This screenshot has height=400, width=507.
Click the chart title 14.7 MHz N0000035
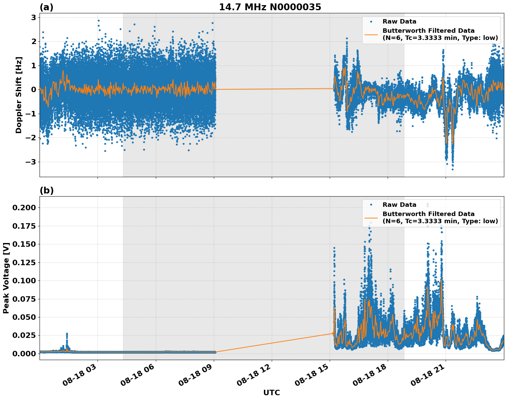coord(270,7)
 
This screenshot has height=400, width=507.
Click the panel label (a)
coord(46,7)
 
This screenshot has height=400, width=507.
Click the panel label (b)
coord(46,190)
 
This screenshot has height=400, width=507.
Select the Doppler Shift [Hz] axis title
coord(19,95)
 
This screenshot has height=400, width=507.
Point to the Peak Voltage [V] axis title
coord(6,278)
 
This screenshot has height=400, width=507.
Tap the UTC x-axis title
coord(271,392)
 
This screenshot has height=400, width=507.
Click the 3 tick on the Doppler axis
coord(34,17)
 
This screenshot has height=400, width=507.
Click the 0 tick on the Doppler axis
coord(34,89)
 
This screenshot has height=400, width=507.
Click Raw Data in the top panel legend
coord(399,22)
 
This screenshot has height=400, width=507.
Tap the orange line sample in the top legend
coord(371,34)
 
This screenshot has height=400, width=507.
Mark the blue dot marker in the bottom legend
coord(371,205)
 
